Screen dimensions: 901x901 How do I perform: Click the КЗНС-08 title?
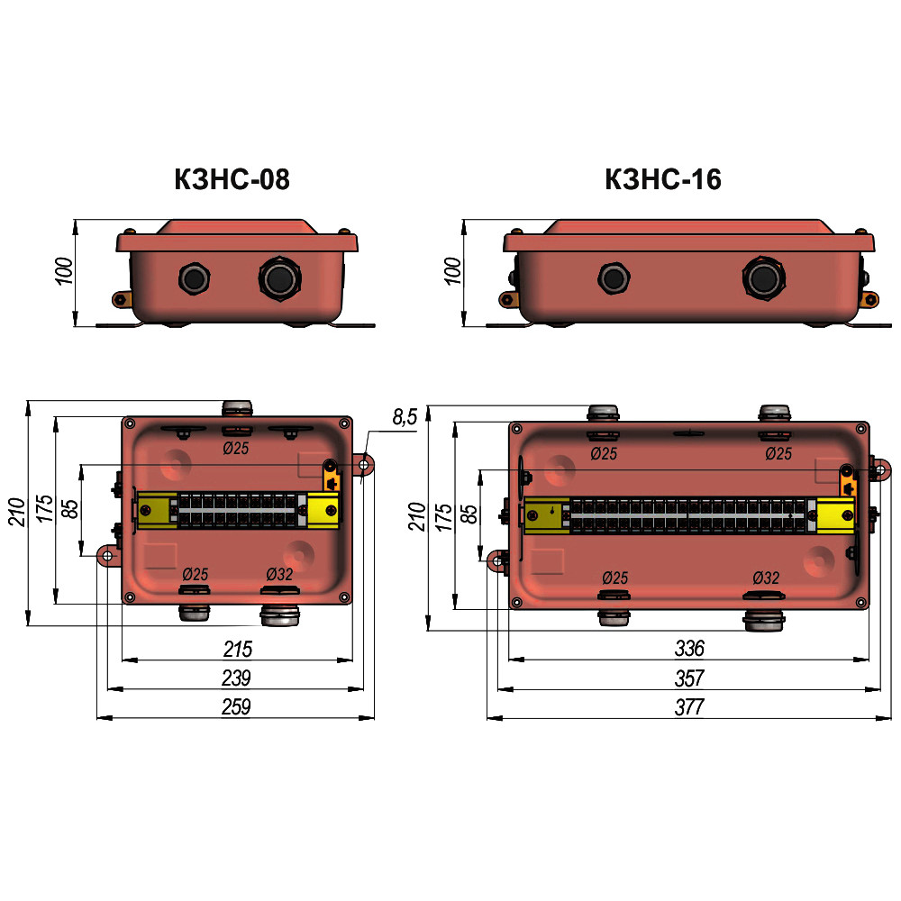coord(232,179)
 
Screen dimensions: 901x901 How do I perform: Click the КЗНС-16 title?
coord(662,179)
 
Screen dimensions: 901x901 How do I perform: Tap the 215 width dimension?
coord(237,650)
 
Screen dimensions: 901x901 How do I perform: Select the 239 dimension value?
coord(236,678)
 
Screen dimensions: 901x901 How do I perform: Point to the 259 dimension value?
coord(236,706)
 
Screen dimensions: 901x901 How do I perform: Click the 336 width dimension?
coord(689,649)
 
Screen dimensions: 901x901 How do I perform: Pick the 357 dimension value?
coord(689,678)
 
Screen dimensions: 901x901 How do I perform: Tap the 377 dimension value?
coord(689,707)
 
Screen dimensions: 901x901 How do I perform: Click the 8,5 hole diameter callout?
coord(405,417)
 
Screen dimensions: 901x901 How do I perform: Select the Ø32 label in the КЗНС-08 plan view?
coord(279,574)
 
